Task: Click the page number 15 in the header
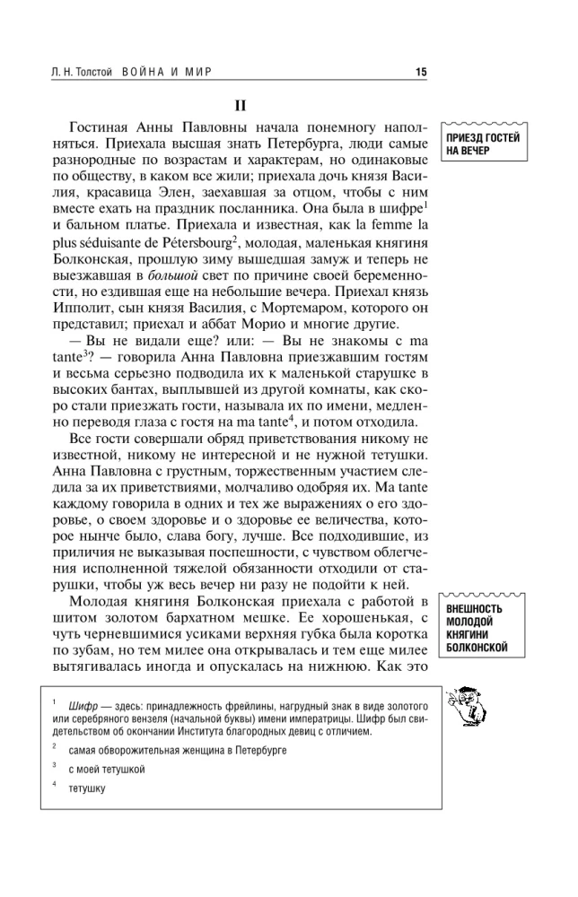(x=421, y=74)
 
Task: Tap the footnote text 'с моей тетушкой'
(x=106, y=769)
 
